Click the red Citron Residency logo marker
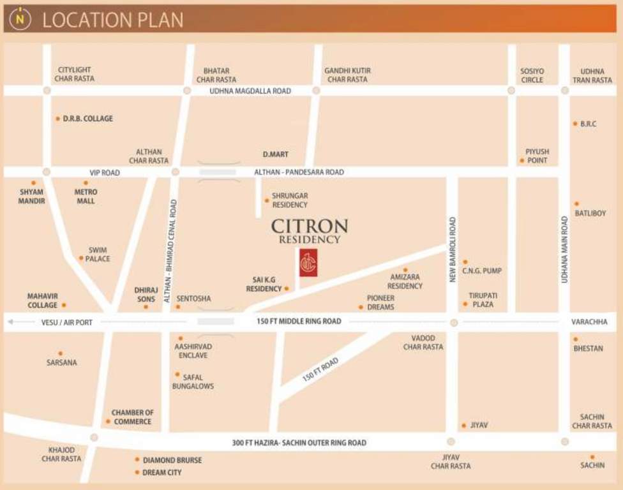pos(308,262)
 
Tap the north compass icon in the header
pos(20,19)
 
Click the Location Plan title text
pos(112,20)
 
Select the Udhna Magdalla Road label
pos(250,91)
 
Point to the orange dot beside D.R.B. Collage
pos(57,119)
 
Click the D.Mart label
pos(276,154)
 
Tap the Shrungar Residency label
pos(290,200)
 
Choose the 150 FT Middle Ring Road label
pos(299,322)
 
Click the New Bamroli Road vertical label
pos(452,249)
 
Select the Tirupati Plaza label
pos(483,300)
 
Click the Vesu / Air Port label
pos(67,323)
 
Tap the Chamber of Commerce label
pos(133,417)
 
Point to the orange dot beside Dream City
pos(137,473)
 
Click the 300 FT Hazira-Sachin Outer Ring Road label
pos(299,443)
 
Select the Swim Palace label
pos(98,255)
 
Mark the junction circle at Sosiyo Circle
pos(511,91)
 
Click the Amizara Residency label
pos(405,281)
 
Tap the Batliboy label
pos(590,213)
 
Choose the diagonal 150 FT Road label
pos(320,369)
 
